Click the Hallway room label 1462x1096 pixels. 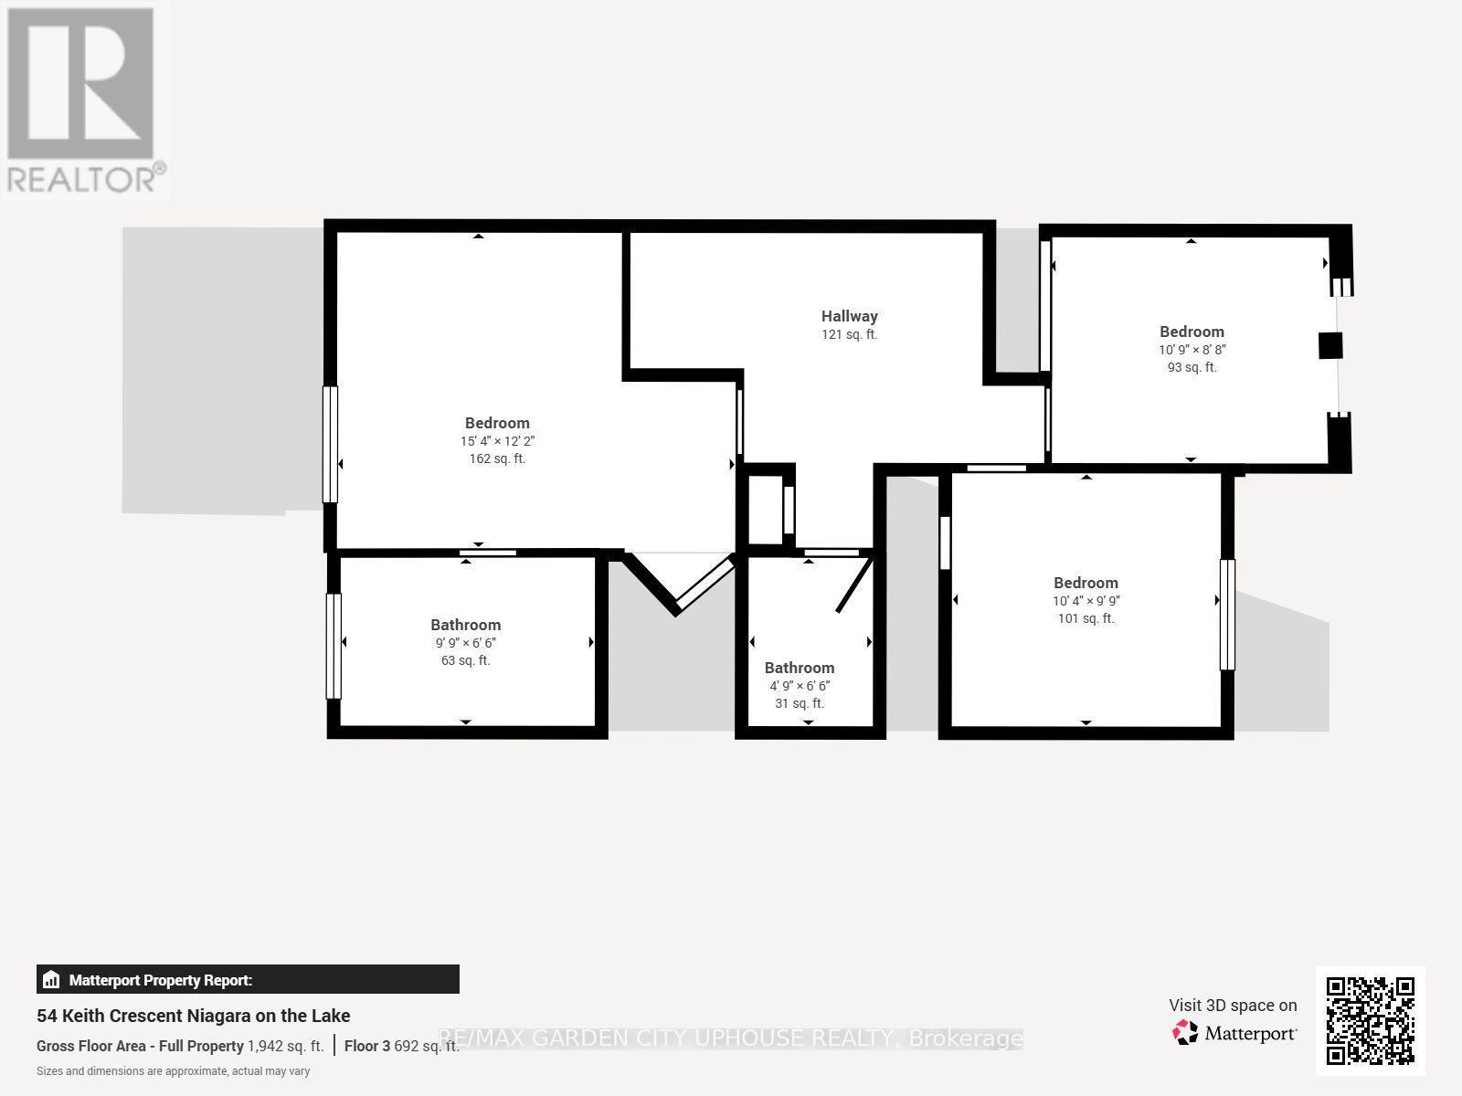(849, 316)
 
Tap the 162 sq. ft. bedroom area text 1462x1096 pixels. (498, 458)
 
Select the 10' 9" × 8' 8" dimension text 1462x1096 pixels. (1192, 350)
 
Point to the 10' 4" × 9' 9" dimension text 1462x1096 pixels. (1086, 600)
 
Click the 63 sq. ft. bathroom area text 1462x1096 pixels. (466, 660)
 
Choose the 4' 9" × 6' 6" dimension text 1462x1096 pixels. (800, 685)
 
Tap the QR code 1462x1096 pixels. (1370, 1021)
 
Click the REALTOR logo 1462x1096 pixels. (85, 100)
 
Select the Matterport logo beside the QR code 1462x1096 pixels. (1234, 1033)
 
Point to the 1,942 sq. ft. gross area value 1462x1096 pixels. (286, 1046)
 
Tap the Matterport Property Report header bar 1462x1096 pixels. (248, 979)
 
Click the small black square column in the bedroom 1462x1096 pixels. (1330, 346)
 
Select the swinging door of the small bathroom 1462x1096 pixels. (854, 585)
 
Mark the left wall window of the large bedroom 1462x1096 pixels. (331, 445)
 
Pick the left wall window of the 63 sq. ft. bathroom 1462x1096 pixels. (333, 646)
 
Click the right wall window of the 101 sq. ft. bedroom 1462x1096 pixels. (1227, 614)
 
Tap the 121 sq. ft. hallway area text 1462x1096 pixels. (849, 334)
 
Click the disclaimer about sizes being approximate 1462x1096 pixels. (174, 1071)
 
